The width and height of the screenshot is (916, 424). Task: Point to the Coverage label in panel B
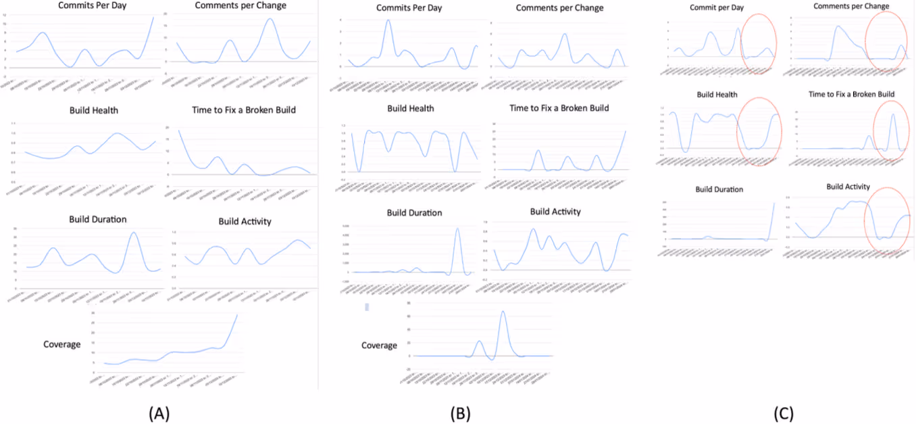(x=379, y=346)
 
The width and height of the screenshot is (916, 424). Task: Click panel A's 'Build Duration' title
(x=98, y=219)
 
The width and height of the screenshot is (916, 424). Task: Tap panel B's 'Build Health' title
(x=411, y=108)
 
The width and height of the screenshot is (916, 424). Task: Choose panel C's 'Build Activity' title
(x=848, y=187)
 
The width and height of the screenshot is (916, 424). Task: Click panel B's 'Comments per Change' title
(x=560, y=8)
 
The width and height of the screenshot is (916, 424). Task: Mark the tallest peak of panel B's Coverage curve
(x=503, y=312)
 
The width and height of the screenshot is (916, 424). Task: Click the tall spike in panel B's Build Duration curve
(x=458, y=229)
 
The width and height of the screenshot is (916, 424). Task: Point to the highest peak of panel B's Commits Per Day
(x=388, y=20)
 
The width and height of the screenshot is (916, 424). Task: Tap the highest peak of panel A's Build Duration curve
(x=133, y=233)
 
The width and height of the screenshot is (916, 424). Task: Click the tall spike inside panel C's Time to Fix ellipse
(x=893, y=114)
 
